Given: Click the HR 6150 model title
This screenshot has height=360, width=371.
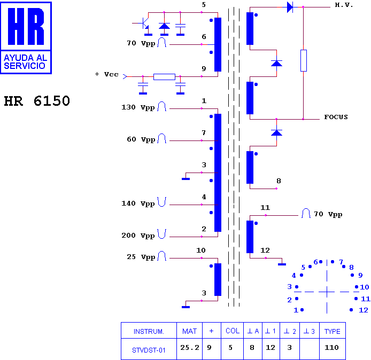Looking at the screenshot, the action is [37, 101].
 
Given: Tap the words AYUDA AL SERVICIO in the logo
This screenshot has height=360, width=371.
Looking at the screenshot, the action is [25, 62].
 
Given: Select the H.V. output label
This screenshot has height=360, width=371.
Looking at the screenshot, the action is [344, 5].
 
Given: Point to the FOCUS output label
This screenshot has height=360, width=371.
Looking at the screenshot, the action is [336, 117].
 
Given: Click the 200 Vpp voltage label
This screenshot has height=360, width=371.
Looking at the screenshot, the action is [138, 236].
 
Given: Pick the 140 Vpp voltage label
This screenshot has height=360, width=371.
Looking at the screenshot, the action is [138, 204].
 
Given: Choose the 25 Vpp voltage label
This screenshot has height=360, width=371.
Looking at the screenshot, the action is [141, 257].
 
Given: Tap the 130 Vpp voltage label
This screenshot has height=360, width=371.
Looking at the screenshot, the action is [138, 107].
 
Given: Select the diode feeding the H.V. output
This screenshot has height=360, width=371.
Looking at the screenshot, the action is [290, 7].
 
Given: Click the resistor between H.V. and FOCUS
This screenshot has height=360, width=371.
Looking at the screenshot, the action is [304, 60].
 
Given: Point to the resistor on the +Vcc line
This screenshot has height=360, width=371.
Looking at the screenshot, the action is [164, 77].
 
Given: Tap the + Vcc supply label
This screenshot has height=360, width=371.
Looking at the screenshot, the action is [106, 74].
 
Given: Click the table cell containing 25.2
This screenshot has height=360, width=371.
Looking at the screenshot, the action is [190, 348].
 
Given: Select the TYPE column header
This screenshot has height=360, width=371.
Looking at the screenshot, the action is [332, 331].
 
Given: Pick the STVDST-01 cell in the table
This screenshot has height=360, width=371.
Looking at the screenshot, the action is [149, 350].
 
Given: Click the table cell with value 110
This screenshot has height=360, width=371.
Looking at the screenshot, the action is [332, 348].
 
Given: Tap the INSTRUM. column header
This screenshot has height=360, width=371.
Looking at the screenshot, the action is [149, 331].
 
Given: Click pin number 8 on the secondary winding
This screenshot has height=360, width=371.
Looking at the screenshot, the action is [279, 181].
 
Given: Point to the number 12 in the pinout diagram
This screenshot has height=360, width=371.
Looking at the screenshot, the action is [364, 310].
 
